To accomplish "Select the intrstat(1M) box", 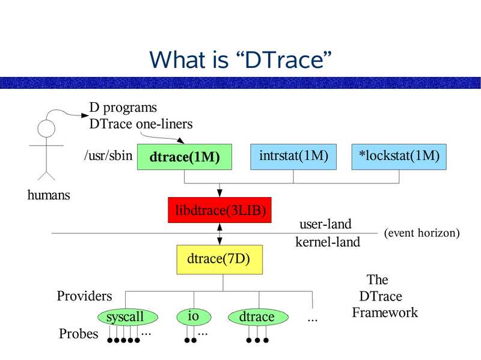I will (x=293, y=156).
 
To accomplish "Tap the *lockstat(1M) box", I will (x=399, y=156).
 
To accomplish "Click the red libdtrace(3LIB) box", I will (x=220, y=210).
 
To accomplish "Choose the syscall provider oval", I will (x=128, y=317).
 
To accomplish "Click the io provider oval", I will (x=193, y=316).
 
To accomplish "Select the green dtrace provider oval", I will (x=257, y=317).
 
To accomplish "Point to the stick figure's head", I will (x=46, y=129).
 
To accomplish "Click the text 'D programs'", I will (x=123, y=108).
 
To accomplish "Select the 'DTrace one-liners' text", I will (x=141, y=124).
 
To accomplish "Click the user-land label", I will (x=325, y=225).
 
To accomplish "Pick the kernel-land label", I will (x=328, y=242).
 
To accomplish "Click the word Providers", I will (x=84, y=296).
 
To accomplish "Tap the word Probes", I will (x=78, y=334).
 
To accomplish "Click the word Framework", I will (x=385, y=313).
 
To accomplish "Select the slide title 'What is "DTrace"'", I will (x=240, y=59).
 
